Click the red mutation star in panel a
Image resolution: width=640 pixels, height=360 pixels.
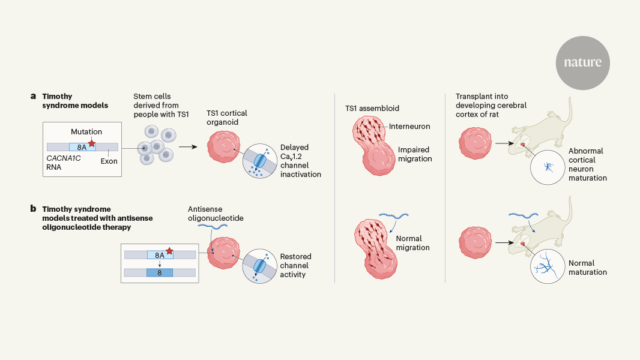pyautogui.click(x=92, y=143)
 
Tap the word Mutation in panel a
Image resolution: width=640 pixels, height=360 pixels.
pyautogui.click(x=86, y=131)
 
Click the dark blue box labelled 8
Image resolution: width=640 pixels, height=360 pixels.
pyautogui.click(x=160, y=272)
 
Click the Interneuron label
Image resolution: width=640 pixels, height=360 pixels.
pyautogui.click(x=411, y=127)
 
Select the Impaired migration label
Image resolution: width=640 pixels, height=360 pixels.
pyautogui.click(x=415, y=154)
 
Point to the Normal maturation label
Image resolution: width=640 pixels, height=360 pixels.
pyautogui.click(x=587, y=268)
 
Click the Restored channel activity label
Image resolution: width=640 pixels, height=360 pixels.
pyautogui.click(x=295, y=266)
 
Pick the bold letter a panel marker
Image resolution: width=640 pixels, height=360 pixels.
pyautogui.click(x=33, y=96)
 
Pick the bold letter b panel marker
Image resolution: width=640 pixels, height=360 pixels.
pyautogui.click(x=33, y=209)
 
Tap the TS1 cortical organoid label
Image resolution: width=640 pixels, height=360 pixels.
pyautogui.click(x=227, y=118)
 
